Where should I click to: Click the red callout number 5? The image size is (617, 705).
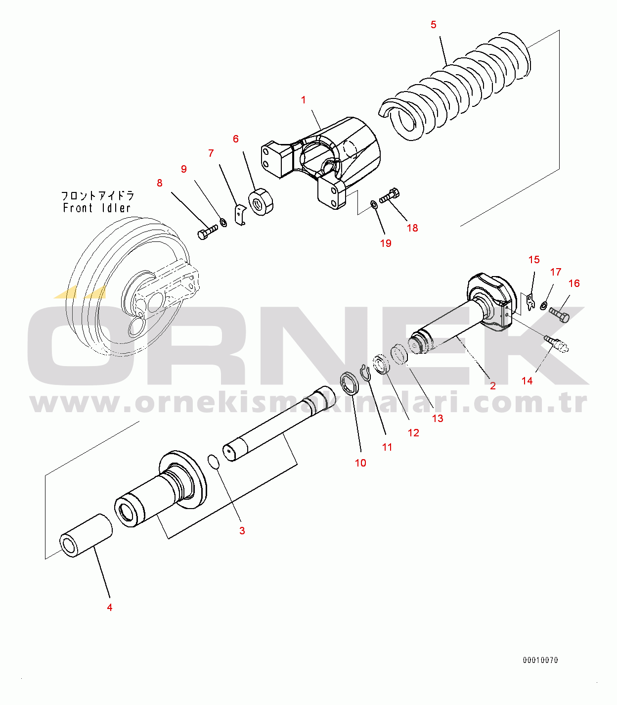click(434, 25)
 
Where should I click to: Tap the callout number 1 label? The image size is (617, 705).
click(304, 100)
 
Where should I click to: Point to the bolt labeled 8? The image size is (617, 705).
click(207, 232)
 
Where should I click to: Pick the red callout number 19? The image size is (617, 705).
click(386, 243)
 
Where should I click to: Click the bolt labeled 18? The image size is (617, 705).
click(390, 195)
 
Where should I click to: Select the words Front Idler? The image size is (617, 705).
click(96, 208)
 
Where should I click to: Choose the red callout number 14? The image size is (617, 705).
click(527, 380)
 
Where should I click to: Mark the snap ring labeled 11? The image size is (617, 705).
click(365, 373)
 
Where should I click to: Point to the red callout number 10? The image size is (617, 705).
click(360, 463)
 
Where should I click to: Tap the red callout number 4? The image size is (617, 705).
click(110, 607)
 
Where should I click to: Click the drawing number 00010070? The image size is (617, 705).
click(540, 660)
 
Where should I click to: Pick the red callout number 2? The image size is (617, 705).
click(492, 385)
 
